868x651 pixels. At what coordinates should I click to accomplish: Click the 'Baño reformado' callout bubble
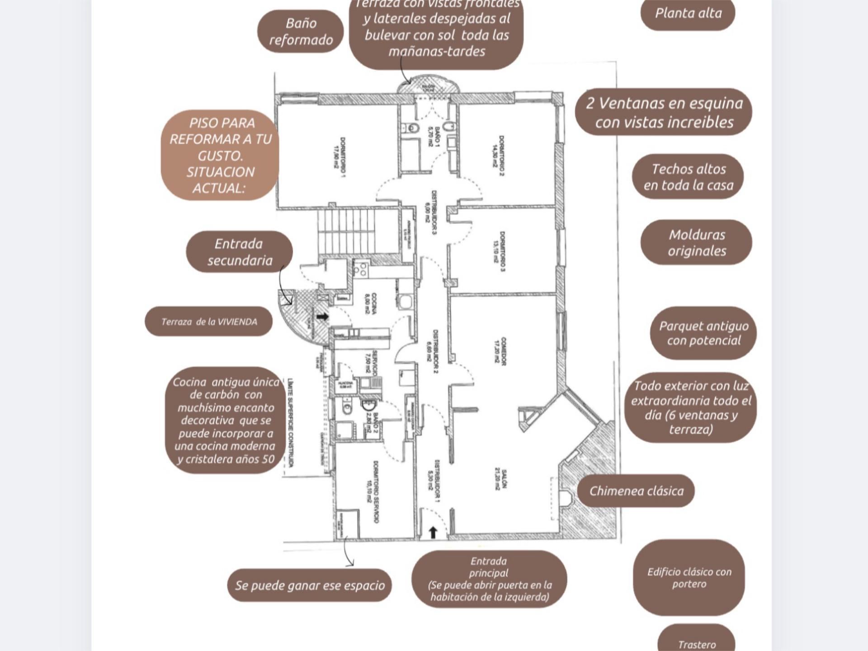coord(301,32)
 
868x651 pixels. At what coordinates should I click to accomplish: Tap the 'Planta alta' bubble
coord(688,14)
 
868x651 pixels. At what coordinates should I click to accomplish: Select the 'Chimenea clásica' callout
coord(636,491)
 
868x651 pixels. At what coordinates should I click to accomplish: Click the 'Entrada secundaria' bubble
coord(239,252)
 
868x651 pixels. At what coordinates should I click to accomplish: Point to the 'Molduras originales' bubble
coord(696,243)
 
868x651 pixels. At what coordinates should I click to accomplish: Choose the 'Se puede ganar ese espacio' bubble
coord(310,585)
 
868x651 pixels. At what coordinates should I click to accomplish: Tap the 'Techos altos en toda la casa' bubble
coord(688,177)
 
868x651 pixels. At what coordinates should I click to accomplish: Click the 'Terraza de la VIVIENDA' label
coord(209,322)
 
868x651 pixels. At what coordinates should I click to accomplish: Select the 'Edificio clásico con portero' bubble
coord(689,578)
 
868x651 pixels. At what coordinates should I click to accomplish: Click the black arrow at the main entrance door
coord(433,533)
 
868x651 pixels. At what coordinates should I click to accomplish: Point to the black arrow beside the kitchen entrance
coord(322,316)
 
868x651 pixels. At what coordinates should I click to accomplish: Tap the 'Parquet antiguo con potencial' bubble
coord(703,333)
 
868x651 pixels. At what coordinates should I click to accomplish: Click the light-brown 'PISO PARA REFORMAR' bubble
coord(220,155)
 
